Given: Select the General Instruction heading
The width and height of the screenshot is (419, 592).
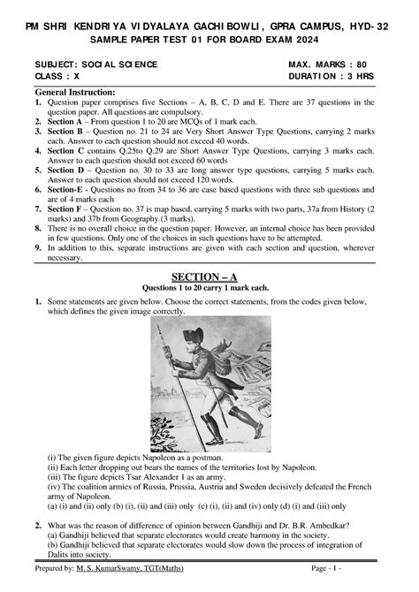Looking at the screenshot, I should point(75,92).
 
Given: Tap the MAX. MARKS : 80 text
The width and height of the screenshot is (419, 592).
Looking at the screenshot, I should point(328,65).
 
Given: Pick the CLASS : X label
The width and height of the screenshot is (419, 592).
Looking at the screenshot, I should point(57,77).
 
